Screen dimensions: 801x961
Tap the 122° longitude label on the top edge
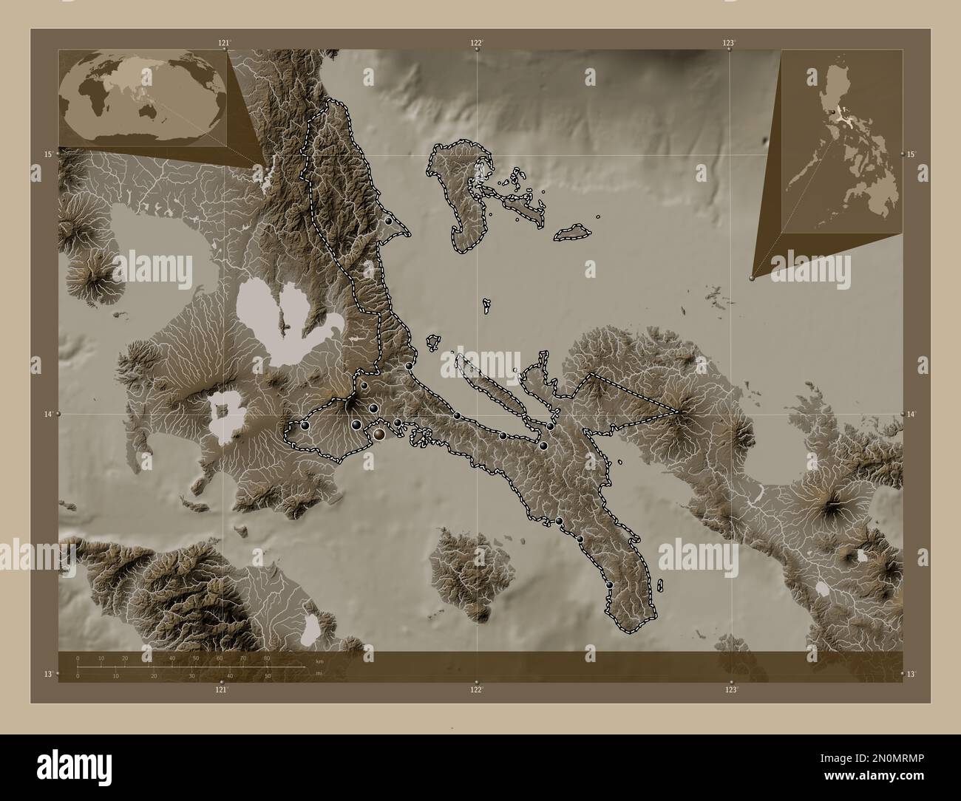click(x=478, y=43)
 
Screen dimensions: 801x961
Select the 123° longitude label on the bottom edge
click(x=730, y=689)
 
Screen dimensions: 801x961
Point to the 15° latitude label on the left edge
click(x=47, y=154)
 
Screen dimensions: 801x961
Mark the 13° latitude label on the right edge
click(x=911, y=674)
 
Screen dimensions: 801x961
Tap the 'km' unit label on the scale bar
click(x=319, y=661)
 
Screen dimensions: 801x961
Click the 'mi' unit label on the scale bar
click(x=319, y=673)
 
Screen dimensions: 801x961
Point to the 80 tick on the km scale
click(x=266, y=658)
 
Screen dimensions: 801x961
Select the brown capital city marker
click(x=379, y=435)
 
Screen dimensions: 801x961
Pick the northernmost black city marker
click(x=388, y=221)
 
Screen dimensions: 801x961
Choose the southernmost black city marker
click(x=610, y=585)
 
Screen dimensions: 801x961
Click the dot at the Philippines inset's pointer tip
click(x=752, y=278)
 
